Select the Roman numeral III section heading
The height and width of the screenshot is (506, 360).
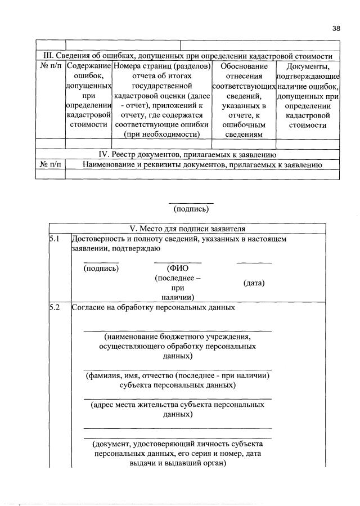tap(188, 56)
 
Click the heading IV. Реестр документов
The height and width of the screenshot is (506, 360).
tap(188, 154)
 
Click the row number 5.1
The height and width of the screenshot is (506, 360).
tap(54, 239)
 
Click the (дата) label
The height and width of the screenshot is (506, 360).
tap(254, 283)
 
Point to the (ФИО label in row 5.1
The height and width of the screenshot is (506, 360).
tap(177, 268)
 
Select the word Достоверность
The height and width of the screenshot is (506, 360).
tap(97, 239)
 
